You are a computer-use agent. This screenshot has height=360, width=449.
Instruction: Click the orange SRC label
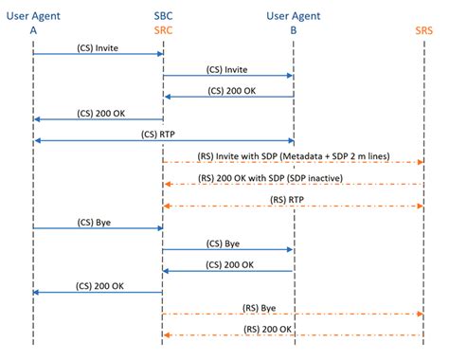163,29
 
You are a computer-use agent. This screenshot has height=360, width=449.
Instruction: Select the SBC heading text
163,15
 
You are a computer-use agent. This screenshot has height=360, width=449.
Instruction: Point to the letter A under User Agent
33,29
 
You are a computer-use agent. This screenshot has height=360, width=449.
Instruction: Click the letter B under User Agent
294,29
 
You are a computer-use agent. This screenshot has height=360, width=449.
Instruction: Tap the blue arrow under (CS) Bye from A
98,228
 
